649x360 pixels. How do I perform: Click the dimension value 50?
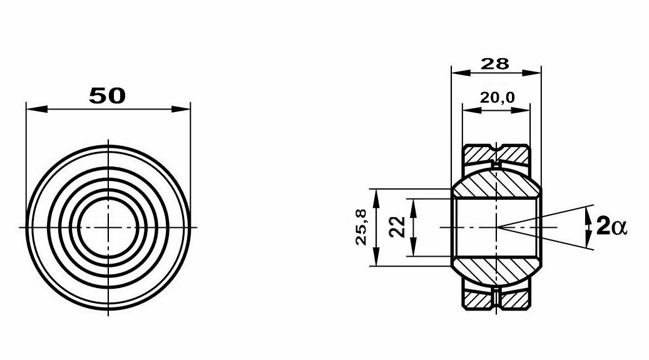[107, 96]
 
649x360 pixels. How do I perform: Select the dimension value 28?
[494, 64]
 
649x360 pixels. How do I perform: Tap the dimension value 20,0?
[497, 98]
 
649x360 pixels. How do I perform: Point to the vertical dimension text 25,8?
[361, 227]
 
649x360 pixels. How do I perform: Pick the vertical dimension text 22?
[398, 227]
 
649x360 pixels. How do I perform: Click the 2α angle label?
[611, 227]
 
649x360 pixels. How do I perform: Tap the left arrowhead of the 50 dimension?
[36, 109]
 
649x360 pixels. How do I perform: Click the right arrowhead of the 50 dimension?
[180, 109]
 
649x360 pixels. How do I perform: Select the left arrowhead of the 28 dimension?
[461, 73]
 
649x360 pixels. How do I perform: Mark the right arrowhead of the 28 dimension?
[531, 73]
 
